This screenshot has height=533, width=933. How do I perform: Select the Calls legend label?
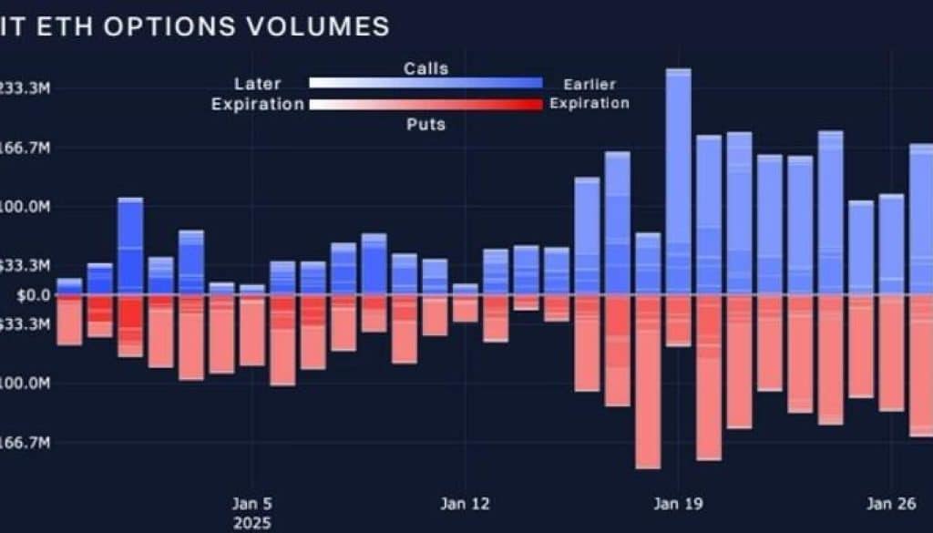coord(425,68)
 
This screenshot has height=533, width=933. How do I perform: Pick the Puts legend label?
coord(425,123)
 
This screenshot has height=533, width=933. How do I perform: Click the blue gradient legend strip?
coord(425,83)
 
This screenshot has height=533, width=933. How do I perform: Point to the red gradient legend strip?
coord(425,104)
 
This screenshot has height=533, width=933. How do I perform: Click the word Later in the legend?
coord(257,84)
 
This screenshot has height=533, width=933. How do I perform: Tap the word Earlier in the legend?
coord(590,84)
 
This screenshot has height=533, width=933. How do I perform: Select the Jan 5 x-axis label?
coord(252,503)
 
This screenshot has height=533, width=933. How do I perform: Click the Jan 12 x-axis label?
coord(466,503)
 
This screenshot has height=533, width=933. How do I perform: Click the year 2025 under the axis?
coord(252,524)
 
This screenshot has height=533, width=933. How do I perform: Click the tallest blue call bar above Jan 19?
coord(678,182)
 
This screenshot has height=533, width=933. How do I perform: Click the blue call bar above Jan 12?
coord(465,289)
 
